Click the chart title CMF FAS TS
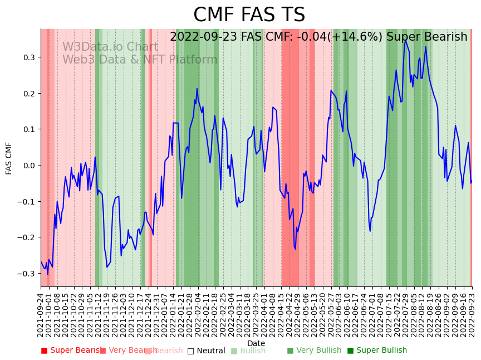tap(249, 15)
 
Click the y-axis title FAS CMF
tap(9, 158)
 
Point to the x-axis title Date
tap(256, 343)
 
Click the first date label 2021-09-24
tap(41, 315)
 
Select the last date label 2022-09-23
tap(472, 315)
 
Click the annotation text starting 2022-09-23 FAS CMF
tap(318, 37)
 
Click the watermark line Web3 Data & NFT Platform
tap(140, 60)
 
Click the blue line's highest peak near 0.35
tap(405, 41)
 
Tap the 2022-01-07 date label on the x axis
tap(164, 315)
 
